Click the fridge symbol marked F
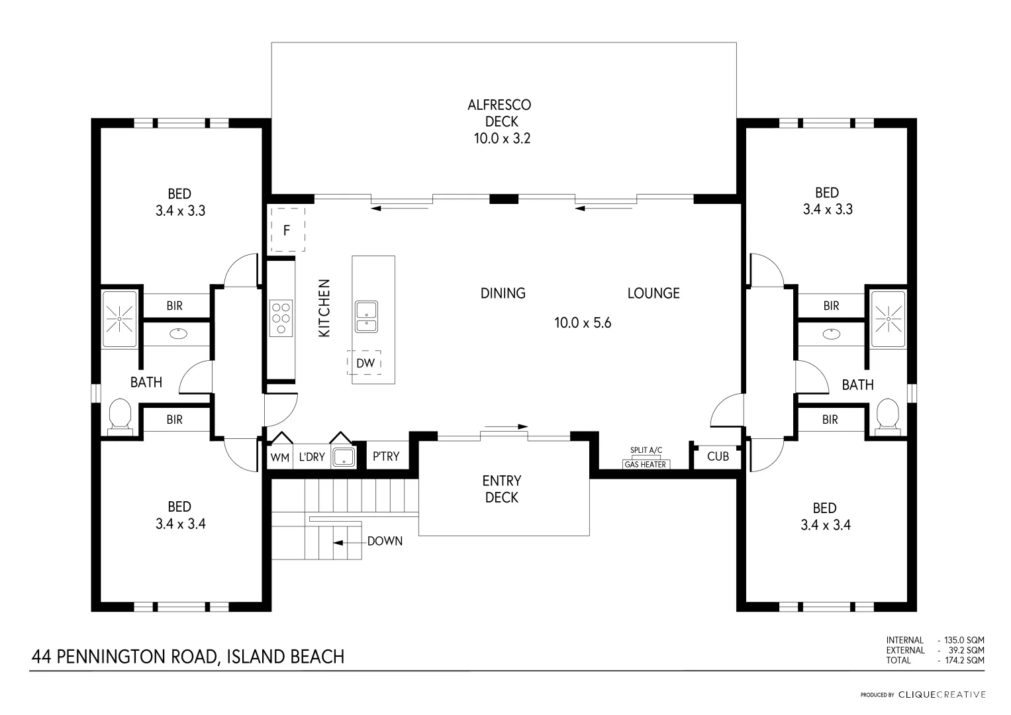pos(287,230)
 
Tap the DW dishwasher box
pos(364,363)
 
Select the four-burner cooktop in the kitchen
pos(281,318)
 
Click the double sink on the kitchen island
pos(366,317)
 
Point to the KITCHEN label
pos(324,308)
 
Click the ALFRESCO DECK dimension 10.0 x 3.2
pos(502,138)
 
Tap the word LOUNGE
pos(653,293)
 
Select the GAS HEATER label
pos(646,465)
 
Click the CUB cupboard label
pos(718,456)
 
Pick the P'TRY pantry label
pos(386,456)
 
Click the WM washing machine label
pos(280,457)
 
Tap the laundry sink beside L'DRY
pos(344,457)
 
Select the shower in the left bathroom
pos(119,318)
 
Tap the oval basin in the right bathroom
pos(832,334)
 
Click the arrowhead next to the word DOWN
pos(338,543)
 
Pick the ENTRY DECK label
pos(502,489)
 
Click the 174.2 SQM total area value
pos(965,661)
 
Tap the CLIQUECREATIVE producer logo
pos(942,694)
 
